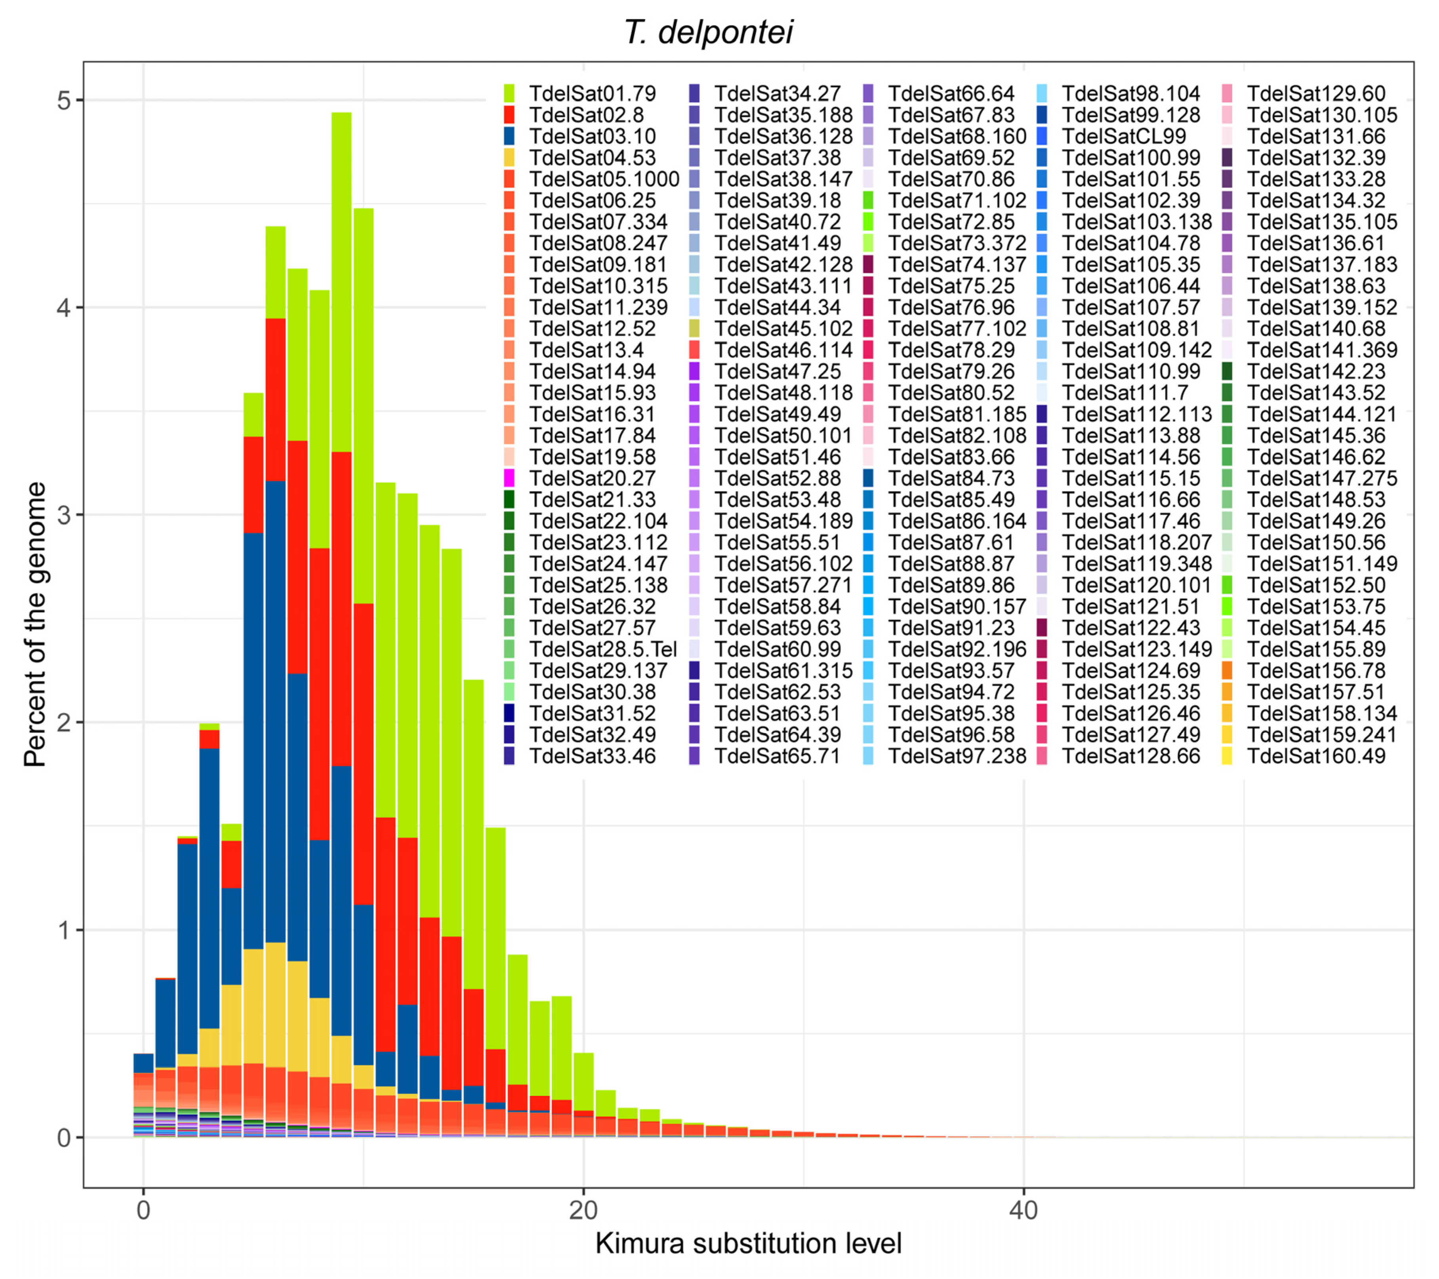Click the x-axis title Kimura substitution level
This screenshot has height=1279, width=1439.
coord(748,1243)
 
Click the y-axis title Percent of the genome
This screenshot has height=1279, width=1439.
coord(35,624)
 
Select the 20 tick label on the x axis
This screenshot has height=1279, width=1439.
coord(583,1210)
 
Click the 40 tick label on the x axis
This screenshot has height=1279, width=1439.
coord(1023,1210)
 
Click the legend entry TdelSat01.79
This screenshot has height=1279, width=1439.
coord(592,93)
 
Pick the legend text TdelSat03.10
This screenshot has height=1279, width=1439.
coord(592,137)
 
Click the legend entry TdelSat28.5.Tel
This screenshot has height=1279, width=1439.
coord(602,649)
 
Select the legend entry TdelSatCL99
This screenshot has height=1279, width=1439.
coord(1124,137)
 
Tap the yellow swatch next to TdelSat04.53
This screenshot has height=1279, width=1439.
coord(509,158)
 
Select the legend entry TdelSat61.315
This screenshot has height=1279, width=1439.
coord(783,671)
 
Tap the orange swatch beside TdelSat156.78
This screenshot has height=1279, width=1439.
coord(1227,671)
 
